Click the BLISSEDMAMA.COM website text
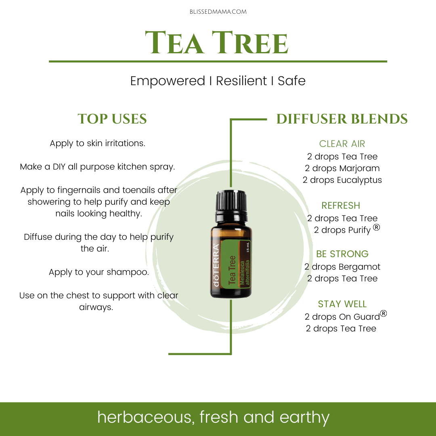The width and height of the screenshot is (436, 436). pyautogui.click(x=218, y=12)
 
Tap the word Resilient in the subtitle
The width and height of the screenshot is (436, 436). pyautogui.click(x=241, y=81)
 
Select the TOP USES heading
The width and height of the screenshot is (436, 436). pyautogui.click(x=112, y=119)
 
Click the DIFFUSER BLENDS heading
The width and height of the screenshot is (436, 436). pyautogui.click(x=342, y=119)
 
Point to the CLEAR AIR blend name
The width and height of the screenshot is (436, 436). pyautogui.click(x=342, y=144)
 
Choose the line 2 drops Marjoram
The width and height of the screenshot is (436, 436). pyautogui.click(x=342, y=168)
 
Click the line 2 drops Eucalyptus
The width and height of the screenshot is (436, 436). pyautogui.click(x=342, y=180)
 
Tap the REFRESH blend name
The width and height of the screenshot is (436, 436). pyautogui.click(x=341, y=205)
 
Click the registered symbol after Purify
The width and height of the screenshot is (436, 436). pyautogui.click(x=376, y=227)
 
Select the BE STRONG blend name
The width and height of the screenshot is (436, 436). pyautogui.click(x=342, y=254)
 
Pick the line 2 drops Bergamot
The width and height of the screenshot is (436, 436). pyautogui.click(x=342, y=267)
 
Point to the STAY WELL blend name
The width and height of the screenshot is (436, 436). pyautogui.click(x=342, y=304)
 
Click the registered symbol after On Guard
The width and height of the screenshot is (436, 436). pyautogui.click(x=384, y=314)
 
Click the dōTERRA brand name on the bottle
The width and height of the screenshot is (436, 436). pyautogui.click(x=216, y=266)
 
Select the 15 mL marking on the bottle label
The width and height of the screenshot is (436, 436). pyautogui.click(x=248, y=247)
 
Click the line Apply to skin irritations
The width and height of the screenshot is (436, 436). pyautogui.click(x=98, y=143)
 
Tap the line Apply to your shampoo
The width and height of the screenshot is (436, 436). pyautogui.click(x=99, y=272)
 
